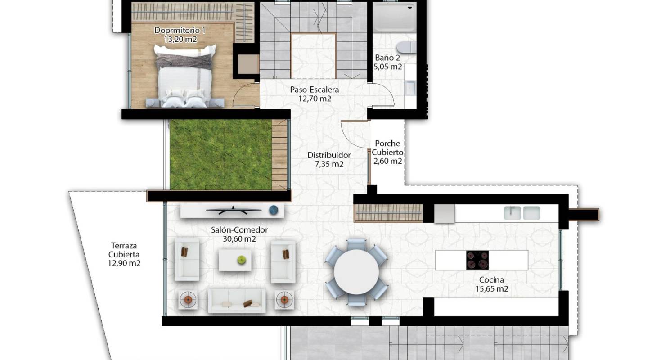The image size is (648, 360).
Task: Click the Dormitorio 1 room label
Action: [180, 31]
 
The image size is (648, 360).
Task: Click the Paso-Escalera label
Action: [314, 90]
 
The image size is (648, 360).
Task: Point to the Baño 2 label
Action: [387, 58]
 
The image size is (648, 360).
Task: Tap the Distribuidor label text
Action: [329, 155]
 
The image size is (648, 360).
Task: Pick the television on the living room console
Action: [233, 209]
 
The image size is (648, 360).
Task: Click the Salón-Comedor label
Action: [239, 230]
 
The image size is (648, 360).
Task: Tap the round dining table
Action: [356, 271]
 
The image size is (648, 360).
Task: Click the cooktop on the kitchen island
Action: [477, 260]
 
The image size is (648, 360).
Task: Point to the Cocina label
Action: [491, 280]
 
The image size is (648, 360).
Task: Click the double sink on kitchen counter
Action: [522, 212]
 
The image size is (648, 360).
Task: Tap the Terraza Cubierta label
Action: [124, 254]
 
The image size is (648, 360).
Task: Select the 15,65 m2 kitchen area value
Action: [491, 289]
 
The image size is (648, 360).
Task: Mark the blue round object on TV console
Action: [274, 210]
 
